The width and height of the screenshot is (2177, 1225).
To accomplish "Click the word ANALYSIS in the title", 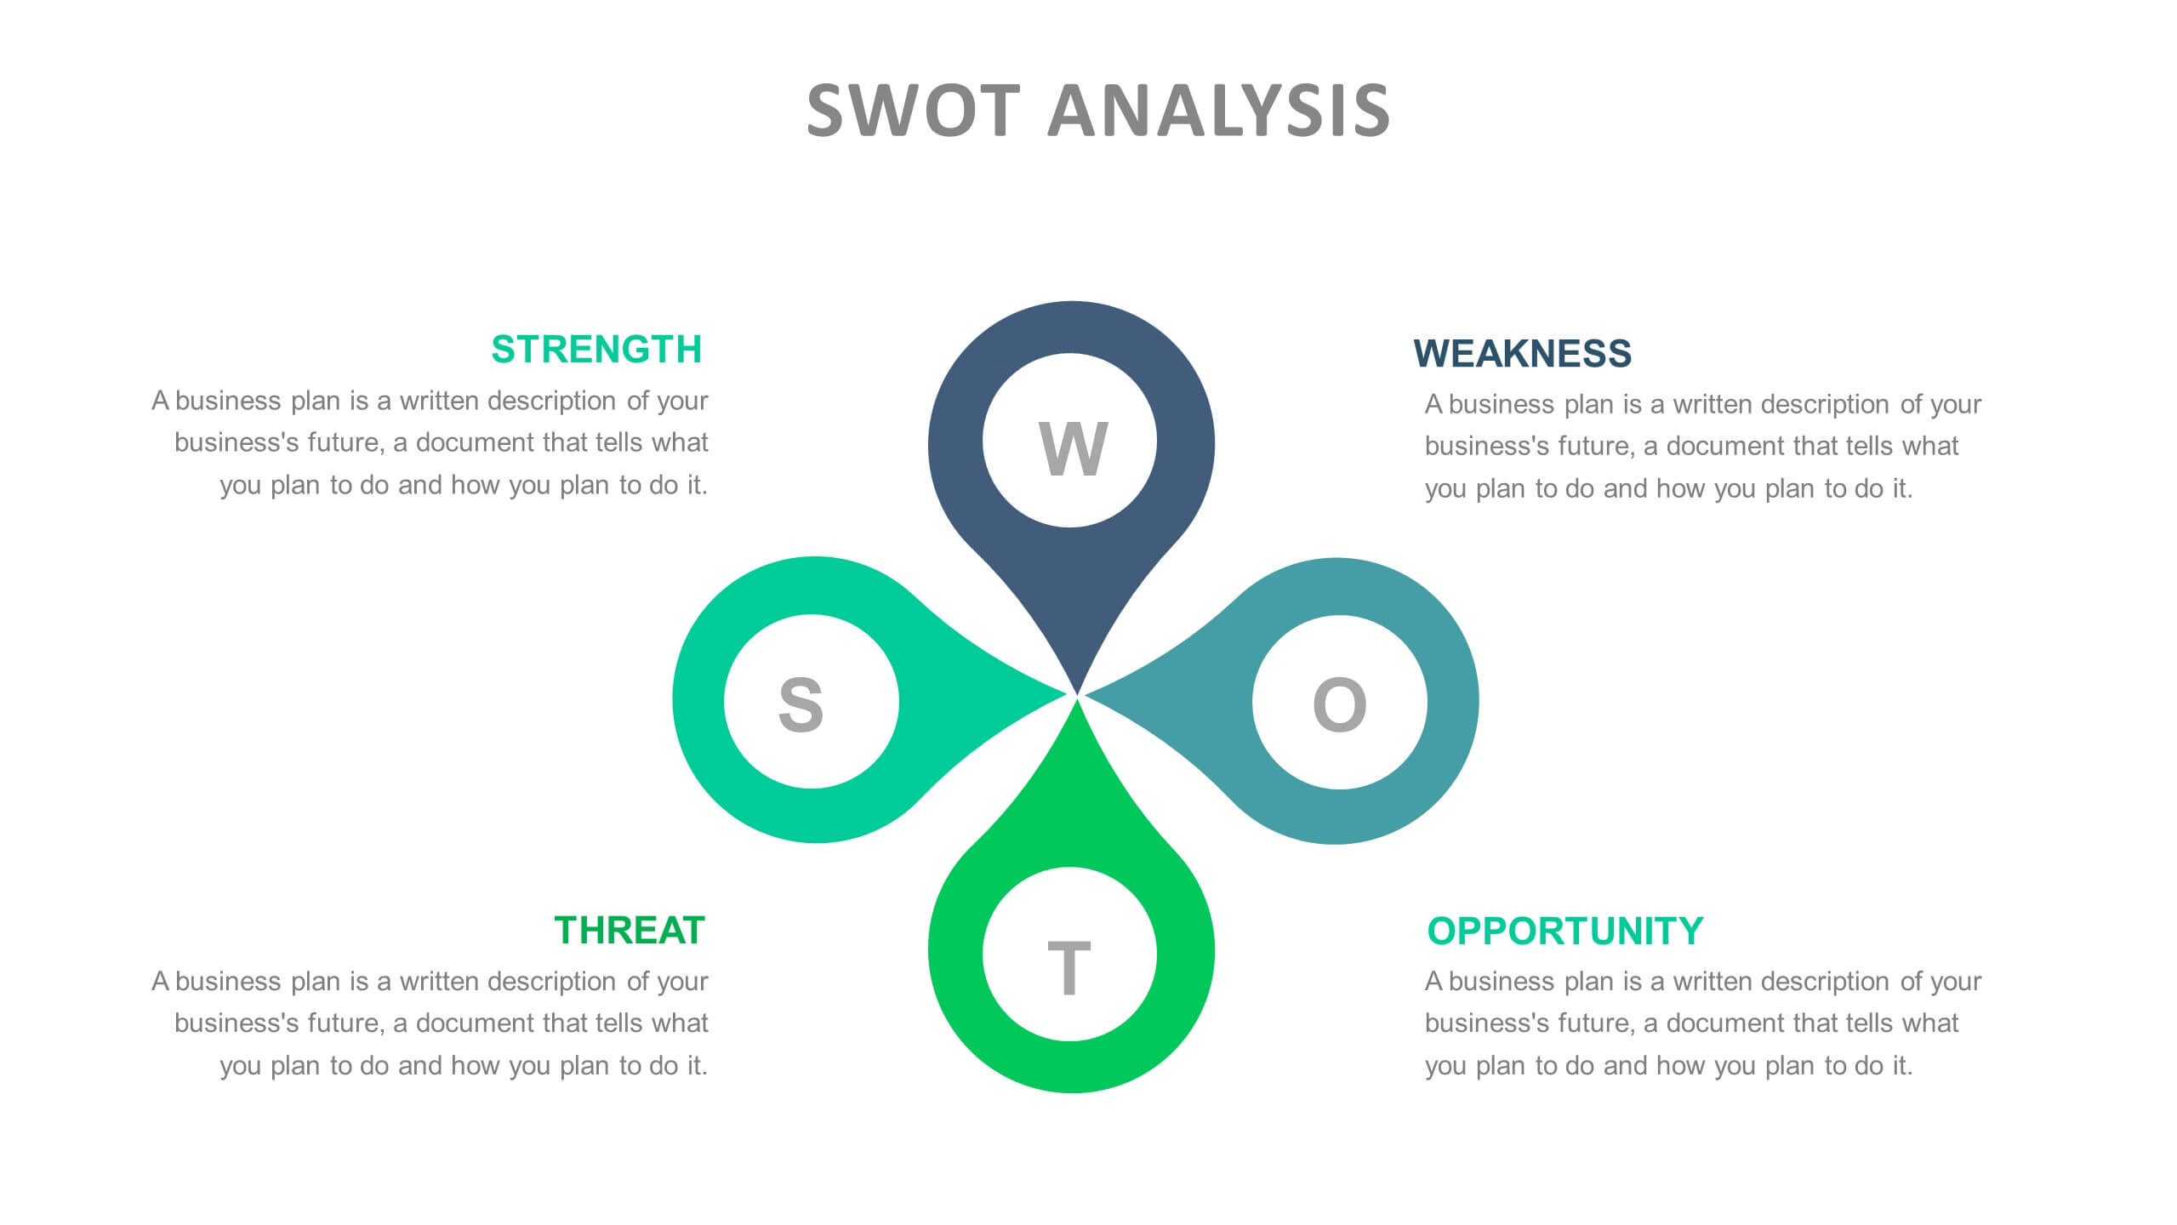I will point(1218,111).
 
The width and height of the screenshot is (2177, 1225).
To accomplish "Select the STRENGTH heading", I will point(596,350).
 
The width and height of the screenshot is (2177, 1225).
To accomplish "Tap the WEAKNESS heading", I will point(1522,354).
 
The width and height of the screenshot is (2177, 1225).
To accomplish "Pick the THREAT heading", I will point(630,931).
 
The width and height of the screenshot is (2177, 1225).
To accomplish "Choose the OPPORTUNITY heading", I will point(1564,932).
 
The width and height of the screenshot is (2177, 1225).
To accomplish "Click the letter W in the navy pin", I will point(1072,448).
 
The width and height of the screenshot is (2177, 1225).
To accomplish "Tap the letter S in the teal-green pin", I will point(801,704).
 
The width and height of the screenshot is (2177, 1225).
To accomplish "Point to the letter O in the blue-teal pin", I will point(1339,704).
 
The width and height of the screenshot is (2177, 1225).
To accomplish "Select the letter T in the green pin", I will point(1069,968).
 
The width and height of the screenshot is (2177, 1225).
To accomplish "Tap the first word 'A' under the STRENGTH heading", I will point(160,401).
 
